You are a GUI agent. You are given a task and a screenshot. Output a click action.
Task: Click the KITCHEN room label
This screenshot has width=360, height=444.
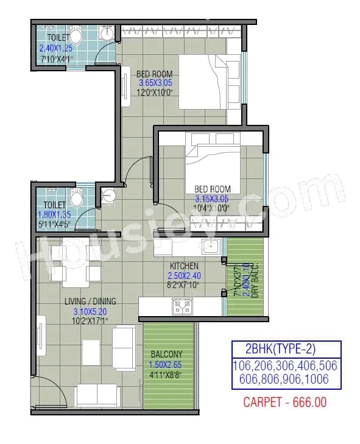[x=183, y=266]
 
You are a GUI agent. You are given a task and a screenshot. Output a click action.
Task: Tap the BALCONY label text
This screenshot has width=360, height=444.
[x=166, y=354]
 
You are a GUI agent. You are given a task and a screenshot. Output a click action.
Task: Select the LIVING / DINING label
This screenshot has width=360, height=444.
[x=90, y=301]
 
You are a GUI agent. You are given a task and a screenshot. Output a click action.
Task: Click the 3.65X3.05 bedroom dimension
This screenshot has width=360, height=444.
[x=155, y=83]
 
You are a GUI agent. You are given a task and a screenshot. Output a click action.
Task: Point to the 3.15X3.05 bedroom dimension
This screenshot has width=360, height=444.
[x=211, y=199]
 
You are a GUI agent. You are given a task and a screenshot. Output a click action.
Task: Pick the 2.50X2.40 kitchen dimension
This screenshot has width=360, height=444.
[x=183, y=275]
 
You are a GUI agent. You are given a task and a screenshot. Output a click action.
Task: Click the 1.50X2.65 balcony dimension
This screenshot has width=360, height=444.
[x=166, y=364]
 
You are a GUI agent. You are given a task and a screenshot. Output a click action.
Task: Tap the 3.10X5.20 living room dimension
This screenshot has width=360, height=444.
[x=90, y=311]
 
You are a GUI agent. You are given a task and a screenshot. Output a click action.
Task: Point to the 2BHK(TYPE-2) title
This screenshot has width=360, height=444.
[x=285, y=350]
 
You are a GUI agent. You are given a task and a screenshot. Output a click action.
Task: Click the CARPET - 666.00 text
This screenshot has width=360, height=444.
[x=284, y=402]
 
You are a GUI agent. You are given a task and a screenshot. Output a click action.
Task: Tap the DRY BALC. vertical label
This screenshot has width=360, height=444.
[x=255, y=280]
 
